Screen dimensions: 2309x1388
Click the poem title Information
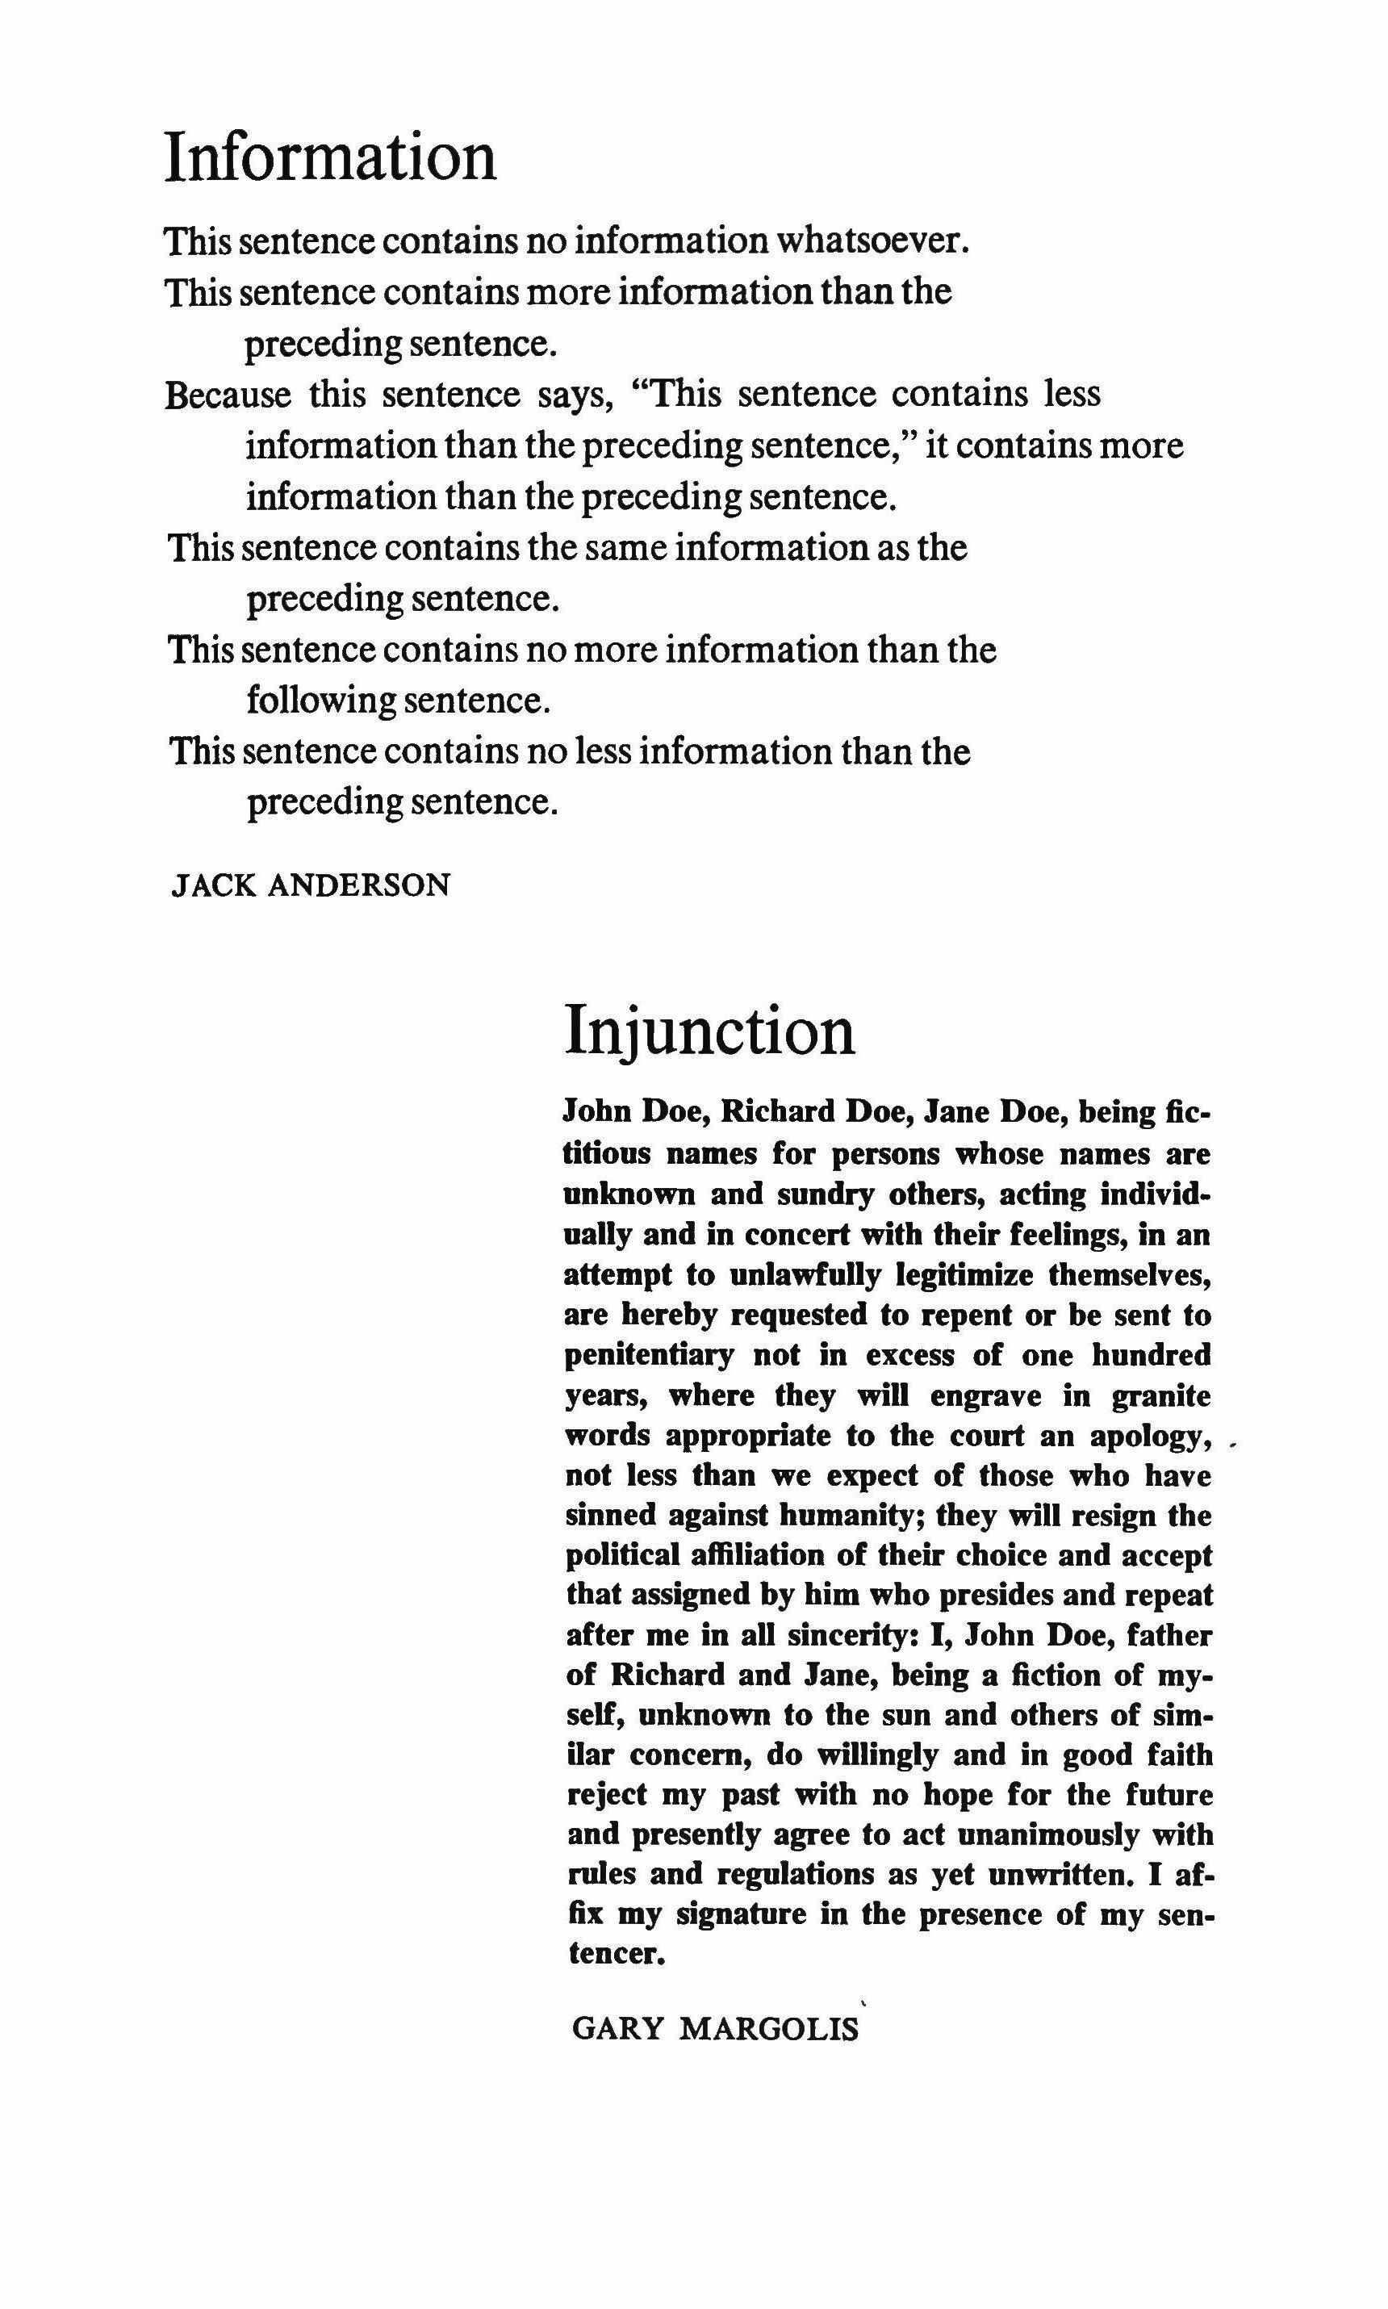[330, 157]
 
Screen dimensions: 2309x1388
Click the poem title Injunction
[710, 1032]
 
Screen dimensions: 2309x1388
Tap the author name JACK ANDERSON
[311, 885]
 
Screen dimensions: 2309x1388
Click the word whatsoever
[872, 241]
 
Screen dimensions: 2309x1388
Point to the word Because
[228, 395]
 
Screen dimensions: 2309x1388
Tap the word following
[321, 701]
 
